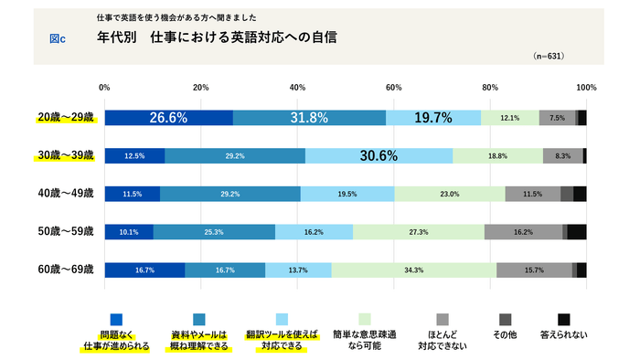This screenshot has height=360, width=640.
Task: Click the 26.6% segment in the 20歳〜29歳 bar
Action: tap(168, 117)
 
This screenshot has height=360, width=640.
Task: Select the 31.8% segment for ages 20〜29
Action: tap(309, 117)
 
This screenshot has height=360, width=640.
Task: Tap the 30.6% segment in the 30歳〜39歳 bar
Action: tap(379, 155)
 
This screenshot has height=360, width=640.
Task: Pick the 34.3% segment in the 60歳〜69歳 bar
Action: tap(414, 270)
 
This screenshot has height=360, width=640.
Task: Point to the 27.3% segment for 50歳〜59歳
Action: tap(418, 232)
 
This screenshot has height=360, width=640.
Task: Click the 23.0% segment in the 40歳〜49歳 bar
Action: tap(449, 194)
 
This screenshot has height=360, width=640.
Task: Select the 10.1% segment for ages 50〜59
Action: tap(129, 232)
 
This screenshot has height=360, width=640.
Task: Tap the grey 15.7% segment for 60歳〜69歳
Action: tap(534, 270)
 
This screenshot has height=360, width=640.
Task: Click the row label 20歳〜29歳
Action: tap(65, 117)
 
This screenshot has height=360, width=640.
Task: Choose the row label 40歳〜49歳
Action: tap(65, 194)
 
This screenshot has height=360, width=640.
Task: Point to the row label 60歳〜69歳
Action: tap(65, 270)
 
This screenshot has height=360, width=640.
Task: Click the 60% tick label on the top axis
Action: tap(393, 88)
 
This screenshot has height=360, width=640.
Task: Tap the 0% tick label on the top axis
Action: tap(104, 88)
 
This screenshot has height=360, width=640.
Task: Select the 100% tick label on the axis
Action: tap(585, 88)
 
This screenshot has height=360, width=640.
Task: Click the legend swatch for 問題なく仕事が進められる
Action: tap(115, 319)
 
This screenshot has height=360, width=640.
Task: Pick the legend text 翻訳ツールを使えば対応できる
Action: tap(282, 342)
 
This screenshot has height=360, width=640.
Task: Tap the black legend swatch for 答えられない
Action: tap(564, 319)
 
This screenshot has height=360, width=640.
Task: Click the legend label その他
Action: tap(505, 335)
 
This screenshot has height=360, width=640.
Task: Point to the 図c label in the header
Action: tap(58, 39)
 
